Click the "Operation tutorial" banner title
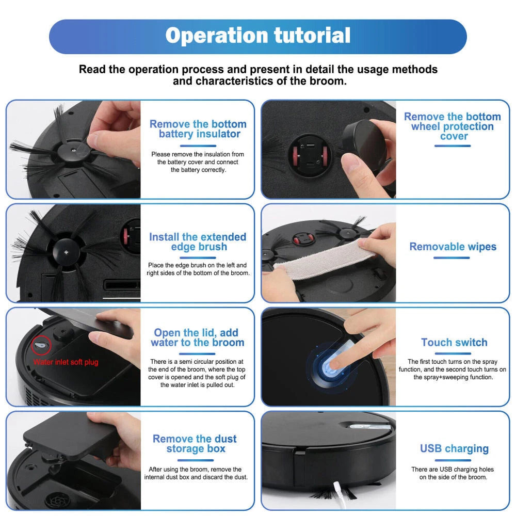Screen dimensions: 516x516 click(x=257, y=36)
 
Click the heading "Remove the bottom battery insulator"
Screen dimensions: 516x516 click(x=198, y=128)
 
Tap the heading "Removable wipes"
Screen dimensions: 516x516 click(x=453, y=247)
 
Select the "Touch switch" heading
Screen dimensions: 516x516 click(x=454, y=342)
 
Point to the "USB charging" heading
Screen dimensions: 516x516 click(x=454, y=449)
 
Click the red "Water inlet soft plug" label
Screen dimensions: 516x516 click(x=66, y=362)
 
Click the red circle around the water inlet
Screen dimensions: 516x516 click(x=41, y=345)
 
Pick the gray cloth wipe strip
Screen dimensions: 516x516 click(x=324, y=261)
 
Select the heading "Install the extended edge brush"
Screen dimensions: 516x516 click(x=198, y=241)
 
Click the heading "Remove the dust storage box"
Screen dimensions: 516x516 click(x=195, y=444)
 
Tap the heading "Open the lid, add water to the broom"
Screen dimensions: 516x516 click(x=198, y=337)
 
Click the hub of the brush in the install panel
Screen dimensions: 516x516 click(x=66, y=252)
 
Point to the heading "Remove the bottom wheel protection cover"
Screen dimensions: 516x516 click(x=453, y=126)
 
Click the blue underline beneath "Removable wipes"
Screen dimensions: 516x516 click(x=451, y=258)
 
